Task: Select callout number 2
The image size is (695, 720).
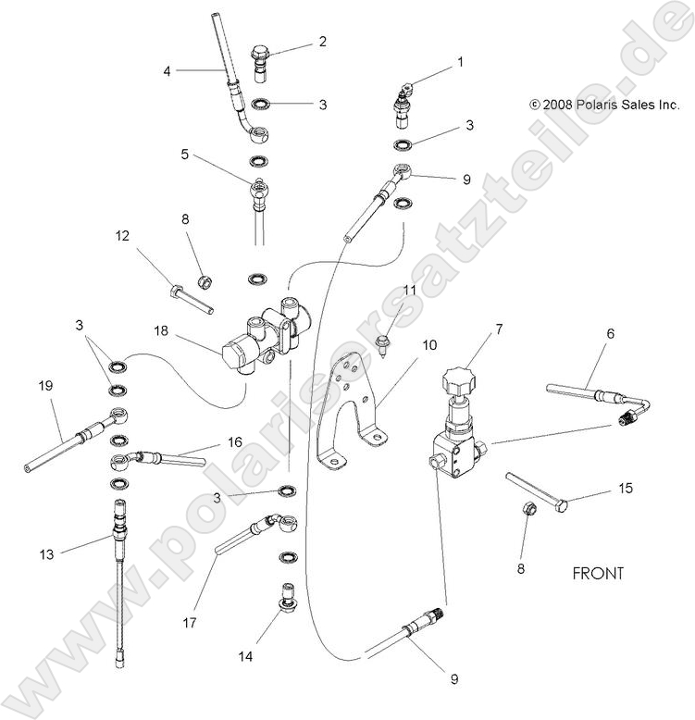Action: tap(322, 41)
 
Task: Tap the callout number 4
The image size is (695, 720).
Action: tap(168, 70)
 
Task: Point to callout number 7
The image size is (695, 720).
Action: tap(499, 329)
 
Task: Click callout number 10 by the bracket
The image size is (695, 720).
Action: tap(428, 345)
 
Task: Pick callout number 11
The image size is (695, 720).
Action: tap(409, 290)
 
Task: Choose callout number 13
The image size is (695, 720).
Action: tap(46, 553)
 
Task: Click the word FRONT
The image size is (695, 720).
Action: tap(597, 573)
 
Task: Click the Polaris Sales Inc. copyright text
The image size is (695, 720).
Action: tap(603, 106)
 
